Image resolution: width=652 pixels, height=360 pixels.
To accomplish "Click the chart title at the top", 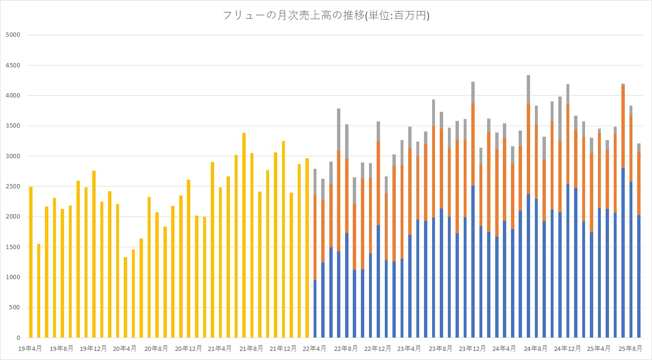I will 326,15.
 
